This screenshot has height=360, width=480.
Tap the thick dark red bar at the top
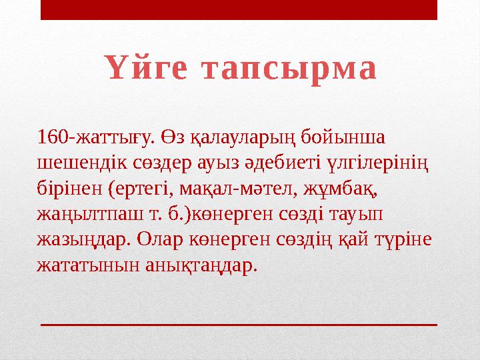coord(239,9)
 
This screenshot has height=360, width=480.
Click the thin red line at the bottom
coord(239,323)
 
